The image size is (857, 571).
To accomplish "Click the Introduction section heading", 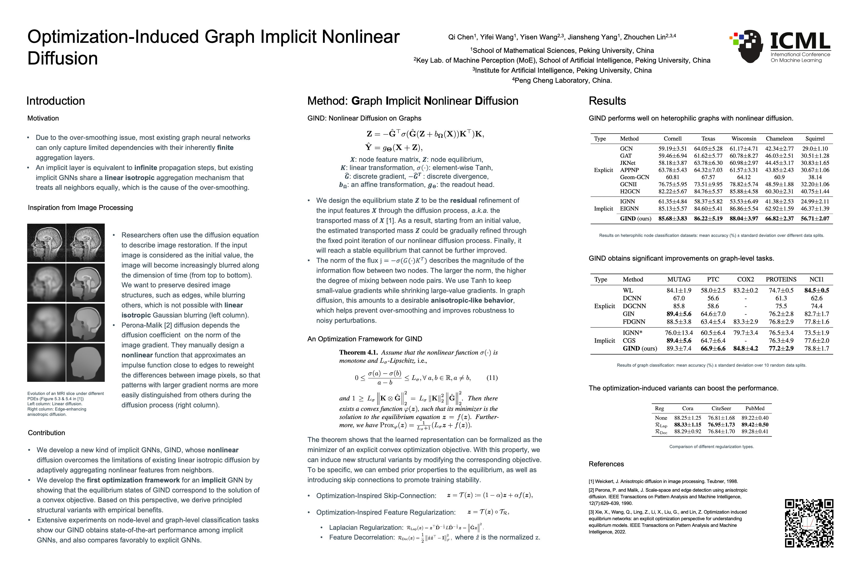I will point(55,101).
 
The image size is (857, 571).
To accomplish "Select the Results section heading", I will point(607,101).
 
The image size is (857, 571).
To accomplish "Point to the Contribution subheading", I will point(46,433).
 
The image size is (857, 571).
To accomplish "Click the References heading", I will point(606,464).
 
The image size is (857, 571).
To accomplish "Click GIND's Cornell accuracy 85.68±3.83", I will point(672,219).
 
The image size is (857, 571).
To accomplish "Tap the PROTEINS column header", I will point(781,279).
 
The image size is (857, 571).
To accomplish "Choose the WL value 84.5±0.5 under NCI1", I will point(816,291).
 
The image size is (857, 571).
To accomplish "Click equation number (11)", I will point(492,378).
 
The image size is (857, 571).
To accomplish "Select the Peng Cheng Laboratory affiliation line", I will point(562,80).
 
